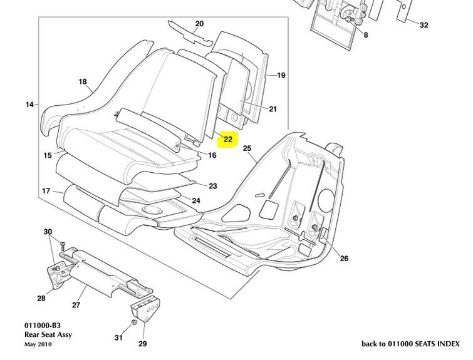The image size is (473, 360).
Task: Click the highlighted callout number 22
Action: tap(227, 138)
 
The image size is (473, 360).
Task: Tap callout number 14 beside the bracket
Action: tap(29, 105)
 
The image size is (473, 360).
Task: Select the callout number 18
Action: tap(82, 81)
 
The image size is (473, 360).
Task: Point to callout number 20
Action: tap(199, 24)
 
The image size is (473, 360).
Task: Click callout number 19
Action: tap(281, 75)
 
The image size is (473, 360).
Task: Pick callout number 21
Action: tap(273, 110)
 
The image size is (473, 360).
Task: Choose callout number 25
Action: tap(246, 148)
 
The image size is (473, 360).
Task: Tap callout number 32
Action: tap(424, 25)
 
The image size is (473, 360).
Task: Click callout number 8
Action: tap(365, 35)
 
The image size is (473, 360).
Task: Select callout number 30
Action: tap(48, 232)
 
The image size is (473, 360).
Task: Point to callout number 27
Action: tap(76, 306)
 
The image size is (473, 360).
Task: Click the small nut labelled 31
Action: tap(133, 322)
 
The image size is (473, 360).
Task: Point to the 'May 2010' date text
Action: tap(39, 344)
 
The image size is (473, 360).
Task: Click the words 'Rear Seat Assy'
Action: tap(48, 335)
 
